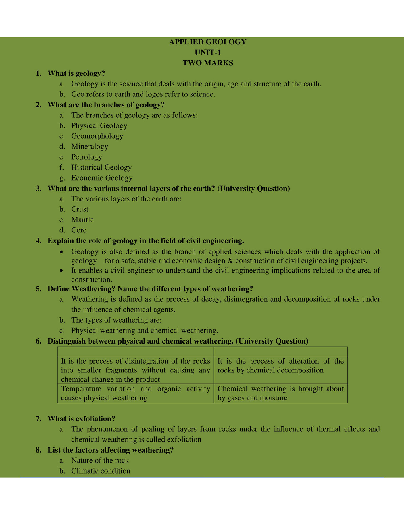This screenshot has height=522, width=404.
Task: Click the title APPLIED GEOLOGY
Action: point(207,42)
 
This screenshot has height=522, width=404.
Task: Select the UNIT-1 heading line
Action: point(207,53)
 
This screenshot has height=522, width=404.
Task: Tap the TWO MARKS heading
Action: point(207,63)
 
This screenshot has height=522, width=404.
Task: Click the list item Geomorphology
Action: point(97,136)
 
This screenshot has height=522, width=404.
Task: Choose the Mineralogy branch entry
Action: point(89,147)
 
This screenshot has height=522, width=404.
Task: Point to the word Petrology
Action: point(86,157)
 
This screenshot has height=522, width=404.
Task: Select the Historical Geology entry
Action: point(101,167)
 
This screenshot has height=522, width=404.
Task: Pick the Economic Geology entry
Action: point(102,178)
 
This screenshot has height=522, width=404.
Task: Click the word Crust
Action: point(80,209)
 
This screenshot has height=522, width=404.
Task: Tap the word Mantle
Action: point(82,220)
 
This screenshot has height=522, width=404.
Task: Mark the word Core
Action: point(79,230)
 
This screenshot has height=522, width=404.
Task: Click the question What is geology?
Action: point(76,73)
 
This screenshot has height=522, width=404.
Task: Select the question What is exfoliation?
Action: point(81,419)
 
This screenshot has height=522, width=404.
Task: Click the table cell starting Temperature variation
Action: point(135,393)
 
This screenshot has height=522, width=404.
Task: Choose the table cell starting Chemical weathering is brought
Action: point(280,393)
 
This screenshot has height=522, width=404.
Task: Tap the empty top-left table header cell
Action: point(135,352)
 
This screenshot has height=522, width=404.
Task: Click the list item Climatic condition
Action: point(101,471)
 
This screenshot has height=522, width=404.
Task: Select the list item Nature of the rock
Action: point(100,461)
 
